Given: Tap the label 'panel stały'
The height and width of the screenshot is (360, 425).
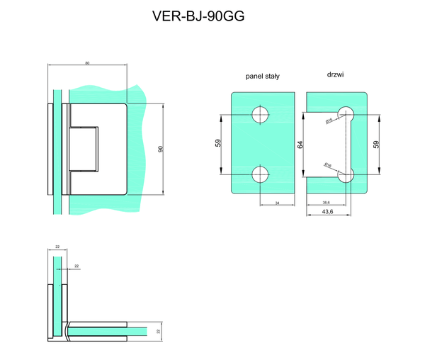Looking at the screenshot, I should (262, 76).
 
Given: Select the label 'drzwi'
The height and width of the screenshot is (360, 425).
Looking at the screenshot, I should (336, 74).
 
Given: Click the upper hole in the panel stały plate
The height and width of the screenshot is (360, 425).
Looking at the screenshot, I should (261, 115).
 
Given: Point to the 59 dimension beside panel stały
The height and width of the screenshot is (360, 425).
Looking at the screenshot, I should (218, 144).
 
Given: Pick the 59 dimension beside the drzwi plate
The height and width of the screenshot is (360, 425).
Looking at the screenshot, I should (376, 144).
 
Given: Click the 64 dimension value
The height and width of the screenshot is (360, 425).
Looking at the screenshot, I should (300, 144).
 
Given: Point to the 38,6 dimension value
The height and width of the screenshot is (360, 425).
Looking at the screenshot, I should (327, 202).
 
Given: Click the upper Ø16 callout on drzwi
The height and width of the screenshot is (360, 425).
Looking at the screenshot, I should (329, 121).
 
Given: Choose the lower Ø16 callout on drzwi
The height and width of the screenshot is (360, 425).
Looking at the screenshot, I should (328, 165).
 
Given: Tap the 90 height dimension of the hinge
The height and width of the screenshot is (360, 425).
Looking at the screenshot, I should (161, 149).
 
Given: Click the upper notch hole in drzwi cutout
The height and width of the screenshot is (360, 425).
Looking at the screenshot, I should (346, 113).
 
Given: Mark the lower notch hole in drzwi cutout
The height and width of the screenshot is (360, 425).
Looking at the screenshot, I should (346, 175).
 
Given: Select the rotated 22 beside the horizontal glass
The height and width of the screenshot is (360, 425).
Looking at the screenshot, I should (159, 330).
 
